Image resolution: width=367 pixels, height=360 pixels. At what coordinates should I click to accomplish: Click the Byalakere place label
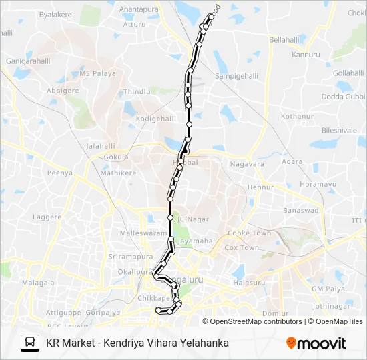(55, 14)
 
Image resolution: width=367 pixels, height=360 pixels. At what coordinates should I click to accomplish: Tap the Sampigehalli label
(236, 77)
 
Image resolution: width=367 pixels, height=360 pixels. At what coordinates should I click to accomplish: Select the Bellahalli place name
(285, 40)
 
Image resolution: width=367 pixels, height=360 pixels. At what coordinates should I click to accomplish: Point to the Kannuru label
(306, 55)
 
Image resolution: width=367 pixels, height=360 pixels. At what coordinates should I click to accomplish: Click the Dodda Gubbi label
(343, 97)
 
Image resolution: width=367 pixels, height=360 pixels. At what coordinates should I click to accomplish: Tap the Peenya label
(59, 173)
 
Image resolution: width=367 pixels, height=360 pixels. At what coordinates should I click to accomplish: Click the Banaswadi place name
(302, 211)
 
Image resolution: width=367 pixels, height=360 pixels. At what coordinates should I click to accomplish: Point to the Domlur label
(275, 313)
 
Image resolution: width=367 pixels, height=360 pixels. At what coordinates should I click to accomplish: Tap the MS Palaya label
(97, 74)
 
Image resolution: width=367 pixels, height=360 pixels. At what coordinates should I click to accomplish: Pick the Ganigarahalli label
(27, 59)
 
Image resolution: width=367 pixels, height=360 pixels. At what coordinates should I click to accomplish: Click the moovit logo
(316, 343)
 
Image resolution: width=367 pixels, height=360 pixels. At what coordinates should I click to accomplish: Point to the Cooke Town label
(250, 233)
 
